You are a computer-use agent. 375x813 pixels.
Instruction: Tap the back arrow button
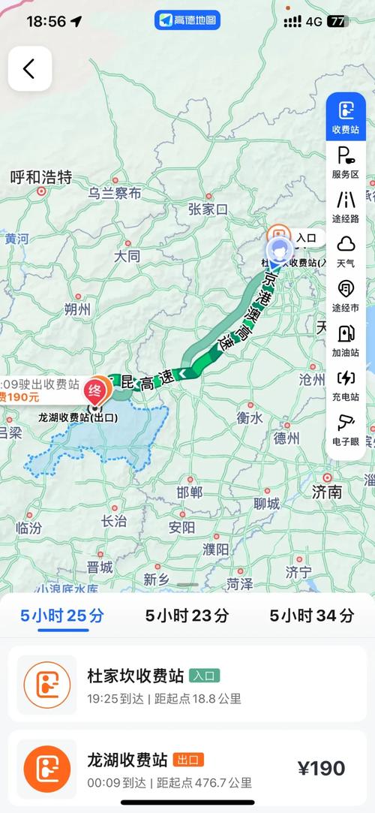(x=29, y=69)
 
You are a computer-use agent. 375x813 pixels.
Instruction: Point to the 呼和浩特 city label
(x=41, y=177)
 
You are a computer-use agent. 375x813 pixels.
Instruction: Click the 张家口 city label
(x=208, y=209)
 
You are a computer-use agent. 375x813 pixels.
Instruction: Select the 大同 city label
(x=127, y=256)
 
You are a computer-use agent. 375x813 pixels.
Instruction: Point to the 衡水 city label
(x=249, y=418)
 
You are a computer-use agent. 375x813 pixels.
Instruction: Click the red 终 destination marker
(x=96, y=389)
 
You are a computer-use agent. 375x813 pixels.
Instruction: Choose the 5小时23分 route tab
(x=187, y=616)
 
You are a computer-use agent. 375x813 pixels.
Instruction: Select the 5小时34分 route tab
(x=312, y=616)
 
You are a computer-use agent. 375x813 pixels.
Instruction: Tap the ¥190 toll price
(x=321, y=768)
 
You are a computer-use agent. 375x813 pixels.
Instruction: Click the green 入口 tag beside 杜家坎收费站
(x=204, y=676)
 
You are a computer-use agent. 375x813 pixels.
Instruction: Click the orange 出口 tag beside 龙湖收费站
(x=188, y=760)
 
